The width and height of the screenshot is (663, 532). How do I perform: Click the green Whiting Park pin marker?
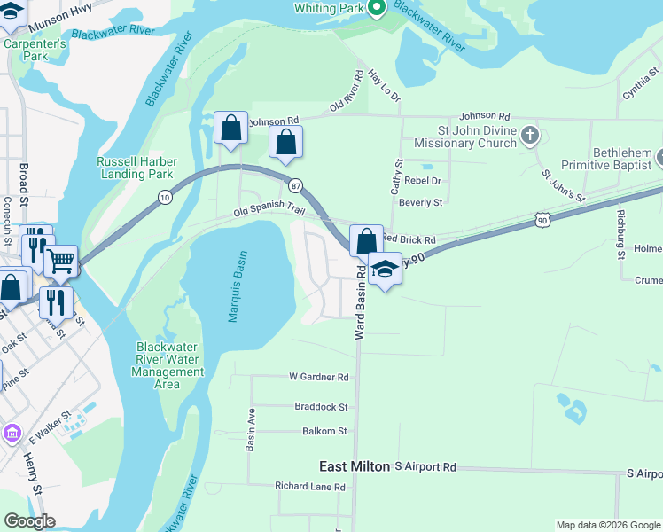point(377,9)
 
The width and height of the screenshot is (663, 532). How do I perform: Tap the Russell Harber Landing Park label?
point(136,168)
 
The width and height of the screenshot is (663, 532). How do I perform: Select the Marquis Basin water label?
point(235,286)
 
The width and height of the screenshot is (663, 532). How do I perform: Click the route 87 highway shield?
point(295,184)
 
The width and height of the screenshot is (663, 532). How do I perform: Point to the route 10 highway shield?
point(166,198)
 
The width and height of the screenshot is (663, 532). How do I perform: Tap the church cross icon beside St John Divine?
point(530,136)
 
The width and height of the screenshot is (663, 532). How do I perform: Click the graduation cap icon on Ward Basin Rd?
point(386,268)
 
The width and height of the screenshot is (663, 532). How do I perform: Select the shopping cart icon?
point(60,261)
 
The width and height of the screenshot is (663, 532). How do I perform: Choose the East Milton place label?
point(355,466)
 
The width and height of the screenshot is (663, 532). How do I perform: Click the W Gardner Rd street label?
point(319,377)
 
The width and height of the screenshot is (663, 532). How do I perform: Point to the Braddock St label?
point(321,406)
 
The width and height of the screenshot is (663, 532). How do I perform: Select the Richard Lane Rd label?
point(310,486)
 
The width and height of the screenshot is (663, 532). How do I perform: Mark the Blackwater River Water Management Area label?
point(167,365)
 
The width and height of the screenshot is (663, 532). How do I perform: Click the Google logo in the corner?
point(29,521)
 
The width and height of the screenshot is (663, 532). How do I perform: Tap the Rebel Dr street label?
point(423,180)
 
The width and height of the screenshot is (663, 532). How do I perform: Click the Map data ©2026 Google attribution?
point(607,525)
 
